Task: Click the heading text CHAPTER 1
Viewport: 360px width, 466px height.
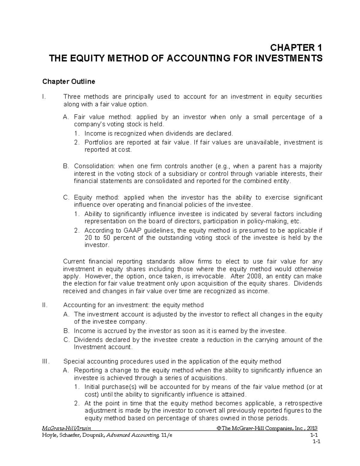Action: tap(296, 48)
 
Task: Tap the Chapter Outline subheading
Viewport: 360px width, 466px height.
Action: tap(69, 82)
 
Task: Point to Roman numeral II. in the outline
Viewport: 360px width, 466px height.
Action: tap(45, 305)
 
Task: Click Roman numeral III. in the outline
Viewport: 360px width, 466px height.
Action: tap(46, 361)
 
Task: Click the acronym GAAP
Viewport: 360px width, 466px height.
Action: tap(130, 230)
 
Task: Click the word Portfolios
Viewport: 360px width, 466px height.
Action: tap(97, 143)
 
